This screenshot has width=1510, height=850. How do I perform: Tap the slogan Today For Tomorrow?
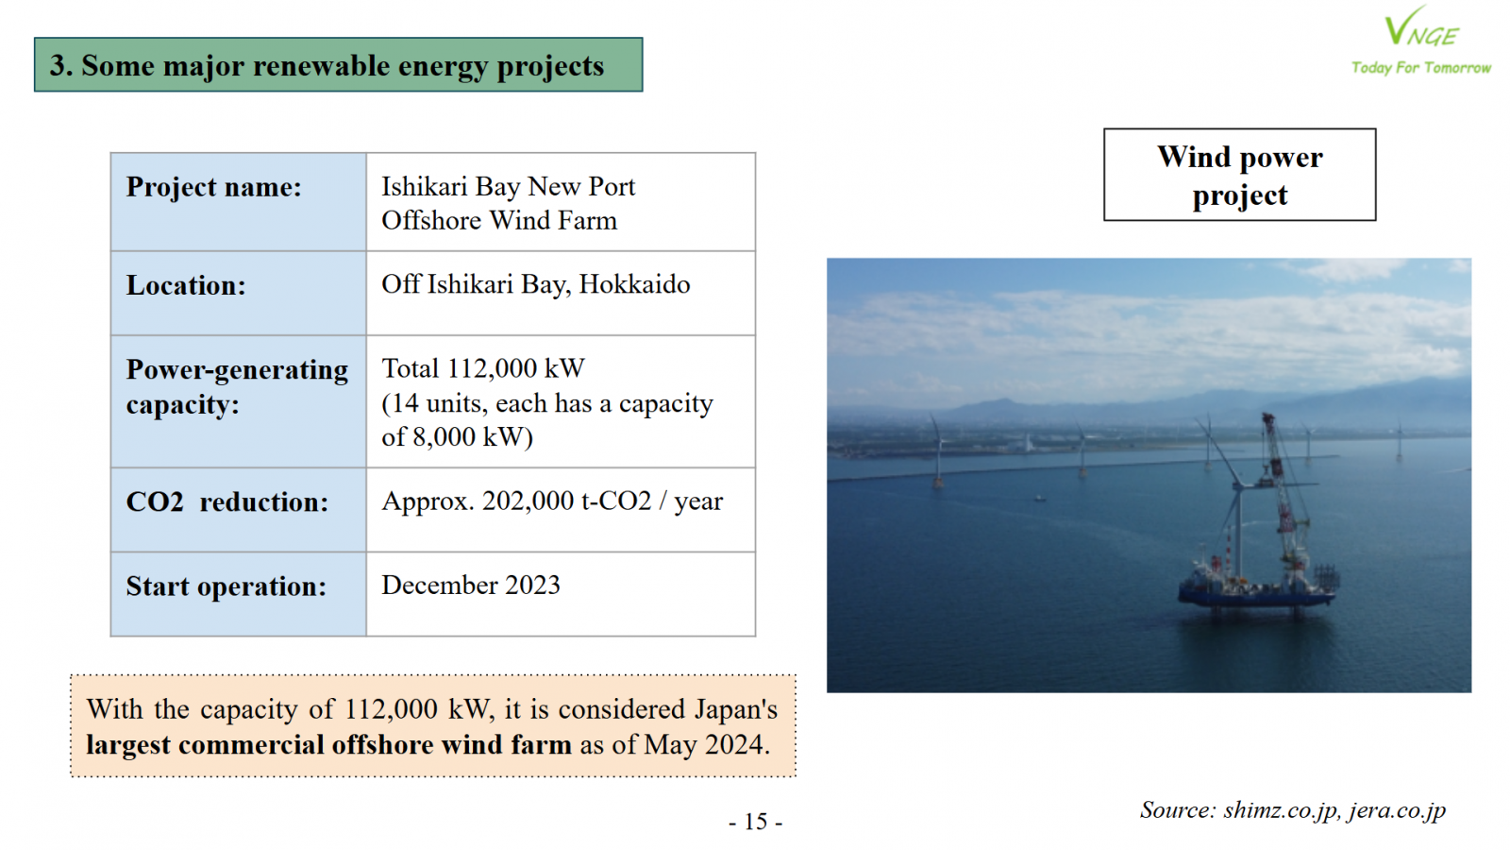(x=1421, y=67)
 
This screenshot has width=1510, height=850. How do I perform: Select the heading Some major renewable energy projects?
(x=343, y=66)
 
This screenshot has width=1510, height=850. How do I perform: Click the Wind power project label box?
(x=1240, y=175)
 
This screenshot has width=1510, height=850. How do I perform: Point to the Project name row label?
(x=213, y=187)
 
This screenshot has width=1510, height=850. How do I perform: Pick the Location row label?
(x=186, y=285)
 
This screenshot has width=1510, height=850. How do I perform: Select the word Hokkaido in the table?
(x=634, y=284)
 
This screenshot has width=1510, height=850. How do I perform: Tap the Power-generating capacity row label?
(x=237, y=386)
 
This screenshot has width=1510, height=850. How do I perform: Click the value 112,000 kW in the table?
(x=515, y=368)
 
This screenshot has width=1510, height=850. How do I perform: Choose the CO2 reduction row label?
(x=227, y=501)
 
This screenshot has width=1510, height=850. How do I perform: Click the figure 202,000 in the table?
(x=528, y=501)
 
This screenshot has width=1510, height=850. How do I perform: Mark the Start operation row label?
(x=226, y=586)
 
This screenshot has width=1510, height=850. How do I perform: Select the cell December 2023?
(x=471, y=585)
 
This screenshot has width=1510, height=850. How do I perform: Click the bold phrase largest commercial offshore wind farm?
(x=328, y=745)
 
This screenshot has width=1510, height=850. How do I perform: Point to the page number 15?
(x=755, y=822)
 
